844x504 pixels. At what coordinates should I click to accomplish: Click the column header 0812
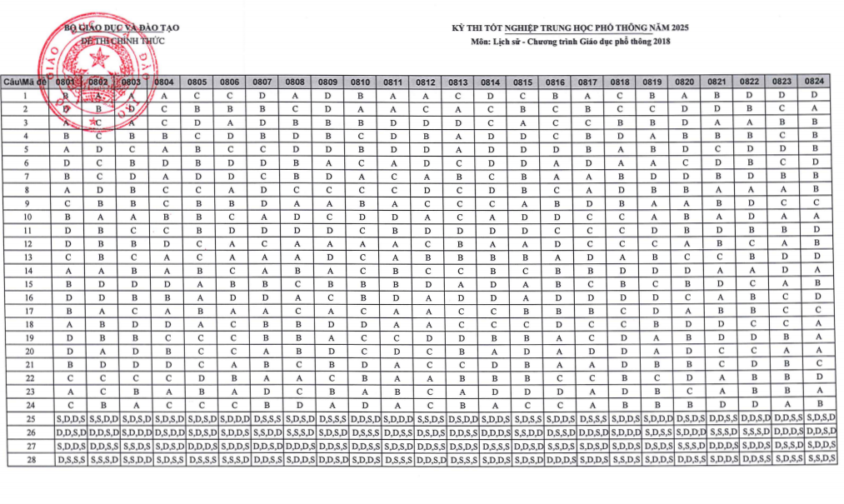(x=426, y=82)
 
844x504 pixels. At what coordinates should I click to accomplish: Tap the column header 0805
(x=197, y=82)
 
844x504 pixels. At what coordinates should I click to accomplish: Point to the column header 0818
(x=620, y=82)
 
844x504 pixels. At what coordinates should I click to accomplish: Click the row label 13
(x=26, y=257)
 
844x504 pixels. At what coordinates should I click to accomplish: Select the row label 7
(x=26, y=177)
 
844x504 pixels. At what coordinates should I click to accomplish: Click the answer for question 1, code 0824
(x=815, y=96)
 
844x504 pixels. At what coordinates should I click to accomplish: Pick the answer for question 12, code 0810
(x=361, y=243)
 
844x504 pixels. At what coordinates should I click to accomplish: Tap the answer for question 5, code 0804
(x=164, y=150)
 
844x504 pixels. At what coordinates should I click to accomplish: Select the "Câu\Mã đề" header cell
(x=26, y=82)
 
